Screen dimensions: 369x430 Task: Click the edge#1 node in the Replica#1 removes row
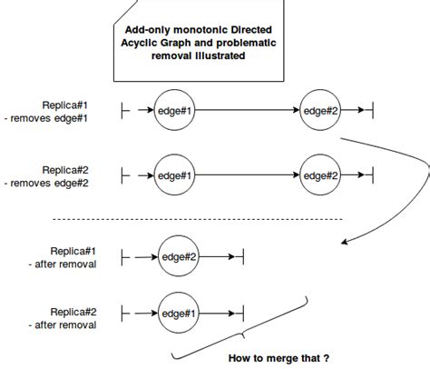coord(174,111)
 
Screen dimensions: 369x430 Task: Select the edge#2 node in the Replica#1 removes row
coord(320,111)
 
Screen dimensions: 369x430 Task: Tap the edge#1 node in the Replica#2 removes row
coord(174,175)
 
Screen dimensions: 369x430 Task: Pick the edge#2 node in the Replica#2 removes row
coord(320,175)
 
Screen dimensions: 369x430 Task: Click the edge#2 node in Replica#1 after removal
coord(179,257)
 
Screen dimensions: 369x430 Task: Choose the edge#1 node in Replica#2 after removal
coord(179,314)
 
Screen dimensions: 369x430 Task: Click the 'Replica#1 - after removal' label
coord(77,257)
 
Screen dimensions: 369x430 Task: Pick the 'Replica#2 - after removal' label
coord(77,316)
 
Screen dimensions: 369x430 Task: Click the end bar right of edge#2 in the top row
coord(373,111)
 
